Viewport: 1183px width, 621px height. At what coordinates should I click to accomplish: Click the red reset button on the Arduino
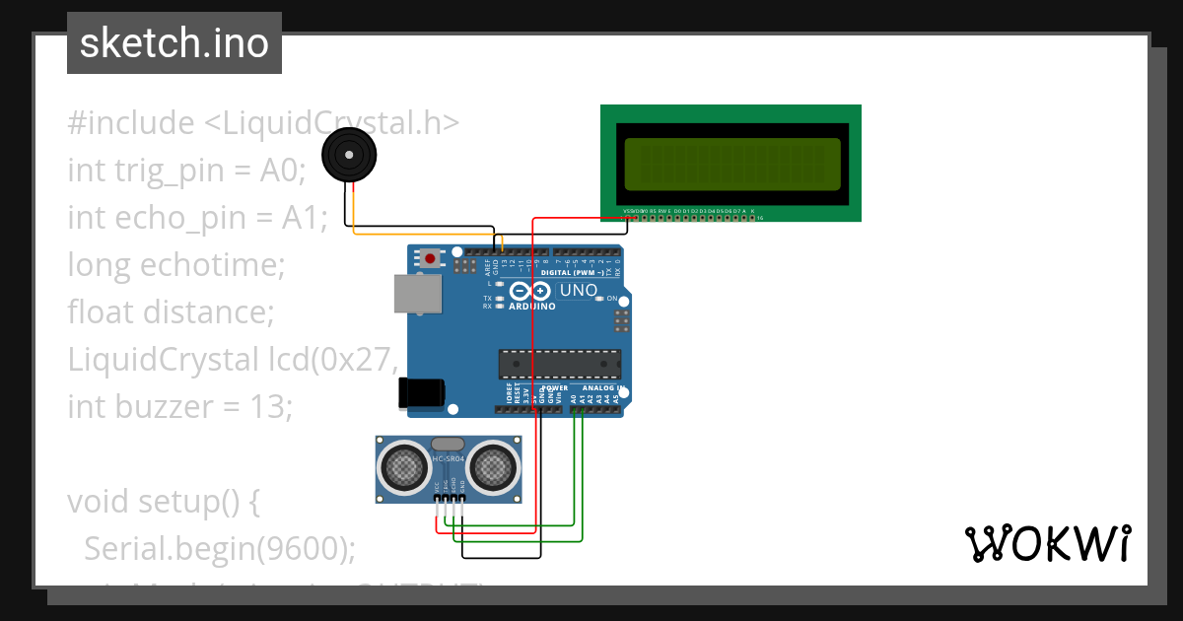(431, 259)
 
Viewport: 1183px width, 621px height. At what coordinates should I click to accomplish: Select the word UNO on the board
(578, 291)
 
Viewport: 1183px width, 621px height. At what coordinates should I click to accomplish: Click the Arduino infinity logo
(529, 292)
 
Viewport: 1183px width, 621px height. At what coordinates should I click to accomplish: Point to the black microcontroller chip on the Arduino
(559, 364)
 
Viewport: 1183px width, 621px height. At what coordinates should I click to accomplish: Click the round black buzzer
(349, 156)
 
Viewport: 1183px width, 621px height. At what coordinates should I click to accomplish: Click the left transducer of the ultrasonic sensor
(403, 467)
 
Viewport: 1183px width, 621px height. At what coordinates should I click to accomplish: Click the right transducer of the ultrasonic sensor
(490, 467)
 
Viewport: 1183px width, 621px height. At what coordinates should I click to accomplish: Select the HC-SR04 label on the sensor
(447, 460)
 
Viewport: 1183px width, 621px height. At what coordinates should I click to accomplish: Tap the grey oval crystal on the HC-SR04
(447, 445)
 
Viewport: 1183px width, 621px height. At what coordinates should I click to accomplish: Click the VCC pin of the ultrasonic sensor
(437, 488)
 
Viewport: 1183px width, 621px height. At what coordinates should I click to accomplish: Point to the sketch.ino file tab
(174, 43)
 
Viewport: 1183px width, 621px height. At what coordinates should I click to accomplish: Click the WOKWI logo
(1047, 543)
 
